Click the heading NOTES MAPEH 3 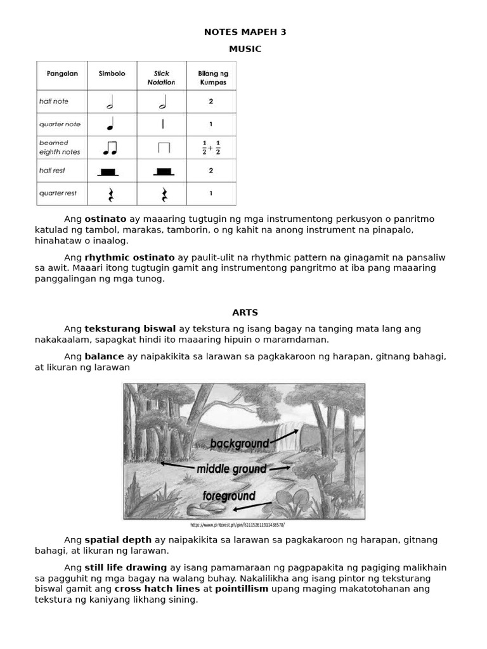245,32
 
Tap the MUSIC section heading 245,49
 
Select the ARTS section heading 245,312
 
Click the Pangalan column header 62,74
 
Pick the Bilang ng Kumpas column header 211,78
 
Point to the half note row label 53,101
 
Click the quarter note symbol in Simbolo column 110,124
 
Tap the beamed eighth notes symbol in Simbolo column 110,148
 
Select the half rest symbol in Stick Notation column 164,171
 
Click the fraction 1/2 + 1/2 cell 211,148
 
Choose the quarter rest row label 58,193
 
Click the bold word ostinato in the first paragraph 105,219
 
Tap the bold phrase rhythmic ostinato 129,257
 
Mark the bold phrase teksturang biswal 130,328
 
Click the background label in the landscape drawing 240,444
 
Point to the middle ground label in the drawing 231,469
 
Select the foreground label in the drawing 229,496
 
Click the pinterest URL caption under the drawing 238,525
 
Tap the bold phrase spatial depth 118,540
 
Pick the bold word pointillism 242,589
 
